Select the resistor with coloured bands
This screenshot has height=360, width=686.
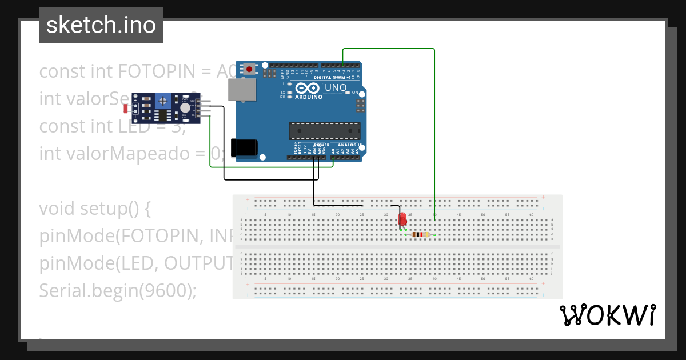click(421, 234)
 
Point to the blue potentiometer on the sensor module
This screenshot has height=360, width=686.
click(164, 101)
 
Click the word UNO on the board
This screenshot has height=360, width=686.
click(336, 88)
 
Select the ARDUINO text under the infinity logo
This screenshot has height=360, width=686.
click(308, 97)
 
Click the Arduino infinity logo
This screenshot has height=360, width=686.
click(308, 88)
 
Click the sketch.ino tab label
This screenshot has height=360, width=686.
click(101, 25)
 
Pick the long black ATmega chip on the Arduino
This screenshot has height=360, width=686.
click(325, 131)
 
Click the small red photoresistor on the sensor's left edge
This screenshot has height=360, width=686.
click(126, 108)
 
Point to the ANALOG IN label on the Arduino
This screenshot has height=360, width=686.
click(349, 145)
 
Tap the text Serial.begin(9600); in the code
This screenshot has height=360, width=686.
click(118, 291)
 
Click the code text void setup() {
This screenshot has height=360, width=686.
click(94, 209)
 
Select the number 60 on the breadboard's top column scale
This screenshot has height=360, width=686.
click(532, 215)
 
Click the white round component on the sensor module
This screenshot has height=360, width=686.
click(185, 107)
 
